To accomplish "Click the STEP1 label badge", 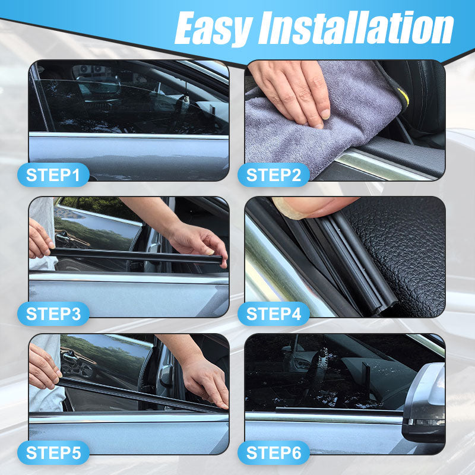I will (53, 175).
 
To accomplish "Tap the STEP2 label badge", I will (273, 175).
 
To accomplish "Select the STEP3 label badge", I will (53, 313).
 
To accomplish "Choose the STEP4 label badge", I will (273, 313).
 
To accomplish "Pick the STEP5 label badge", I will (53, 452).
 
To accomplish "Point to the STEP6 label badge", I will (273, 452).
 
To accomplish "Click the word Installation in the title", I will (356, 28).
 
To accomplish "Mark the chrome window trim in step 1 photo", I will (128, 135).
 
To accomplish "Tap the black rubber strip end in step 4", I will (380, 300).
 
